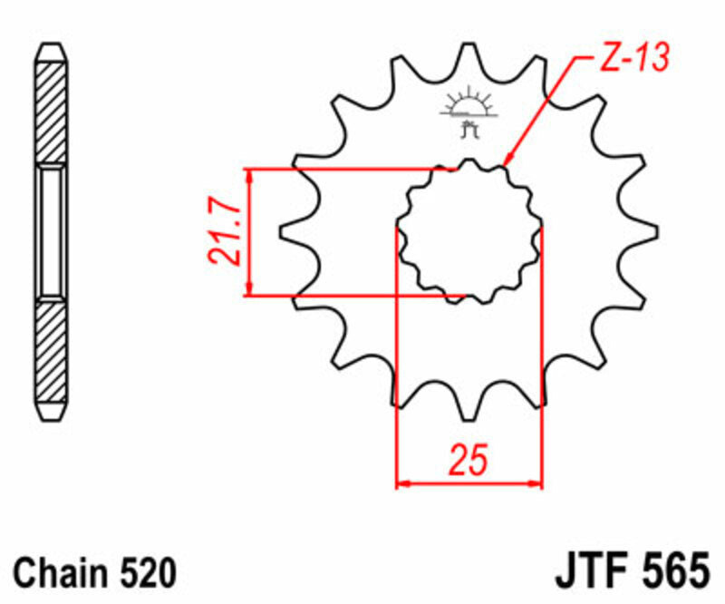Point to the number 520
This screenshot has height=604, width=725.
(144, 573)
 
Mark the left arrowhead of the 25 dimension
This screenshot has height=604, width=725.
(402, 483)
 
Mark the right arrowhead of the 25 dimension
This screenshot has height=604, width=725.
(536, 483)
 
